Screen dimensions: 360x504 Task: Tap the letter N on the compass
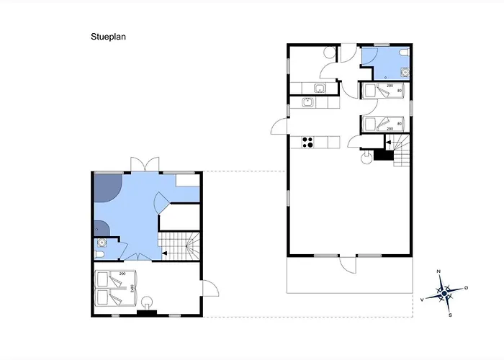point(438,272)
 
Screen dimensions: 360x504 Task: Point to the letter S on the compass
point(450,315)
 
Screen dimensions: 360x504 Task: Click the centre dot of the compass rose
point(444,293)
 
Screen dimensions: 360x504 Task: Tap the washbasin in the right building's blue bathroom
point(405,71)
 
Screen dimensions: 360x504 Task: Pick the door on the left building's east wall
point(210,289)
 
